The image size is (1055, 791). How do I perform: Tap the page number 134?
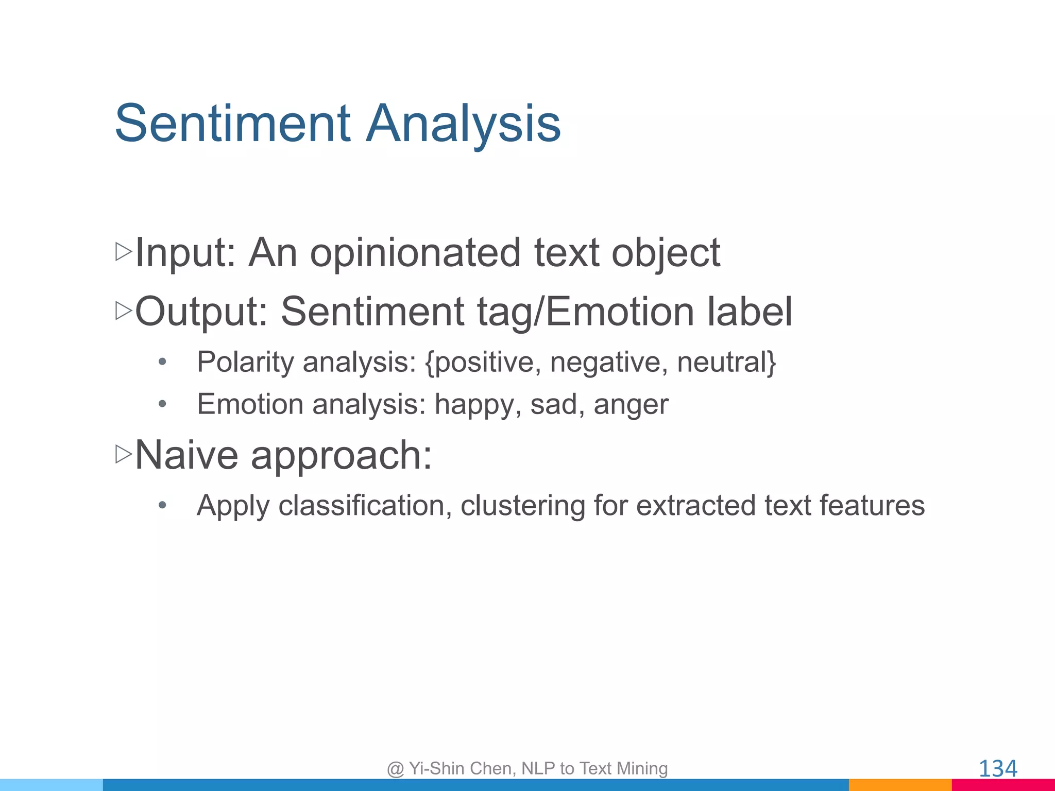[x=997, y=769]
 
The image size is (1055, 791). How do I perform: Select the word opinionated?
[x=415, y=253]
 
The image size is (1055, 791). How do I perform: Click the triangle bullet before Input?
[x=124, y=252]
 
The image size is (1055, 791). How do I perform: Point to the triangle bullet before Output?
[x=124, y=311]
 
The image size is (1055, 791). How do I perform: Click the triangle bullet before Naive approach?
[x=124, y=454]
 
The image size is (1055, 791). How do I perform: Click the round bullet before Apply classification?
[x=162, y=505]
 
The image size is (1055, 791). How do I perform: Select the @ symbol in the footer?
[x=395, y=769]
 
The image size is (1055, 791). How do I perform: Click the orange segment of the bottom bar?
[x=899, y=785]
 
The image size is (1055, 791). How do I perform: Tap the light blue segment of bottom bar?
[x=52, y=785]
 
